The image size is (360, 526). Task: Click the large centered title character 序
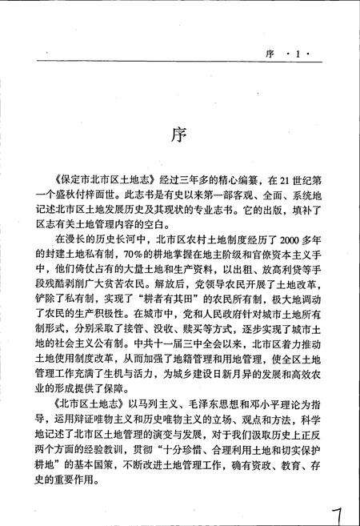click(179, 132)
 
